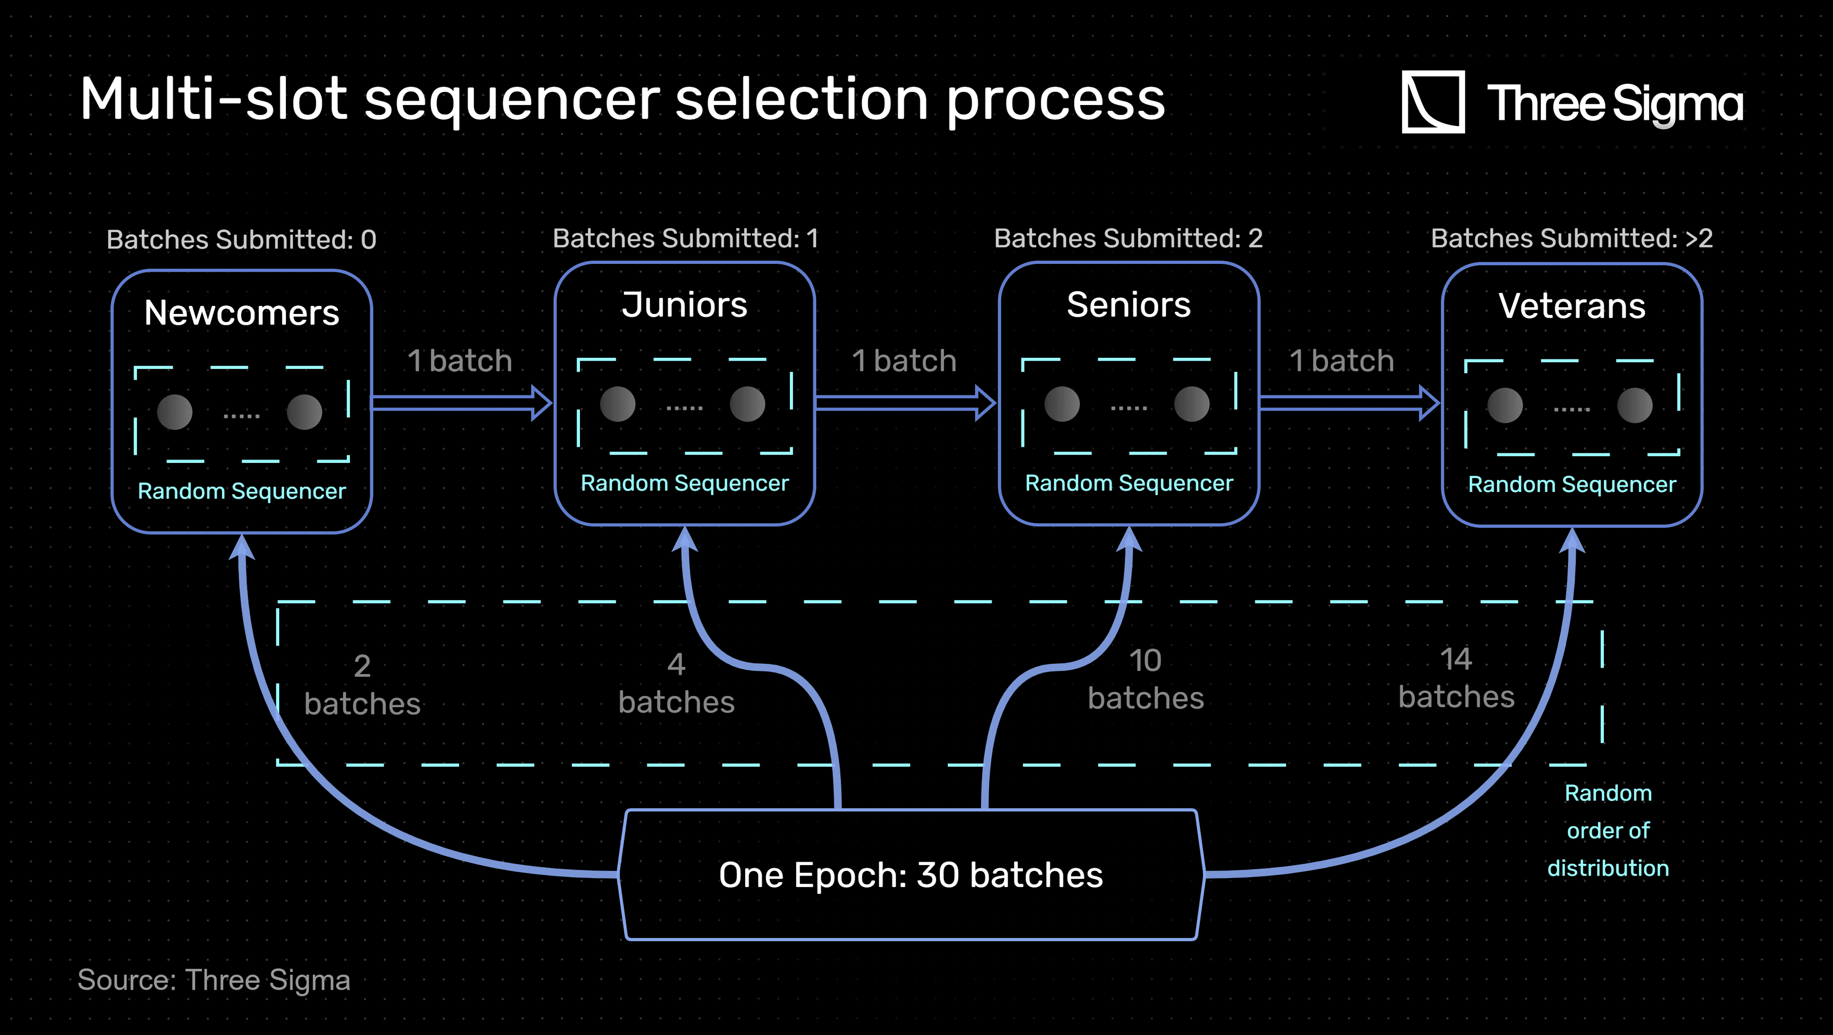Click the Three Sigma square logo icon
tap(1433, 102)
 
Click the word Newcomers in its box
tap(242, 313)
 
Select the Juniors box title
tap(685, 305)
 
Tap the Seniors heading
tap(1128, 305)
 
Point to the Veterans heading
tap(1572, 307)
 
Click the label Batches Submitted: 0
tap(241, 240)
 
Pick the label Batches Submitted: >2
tap(1572, 238)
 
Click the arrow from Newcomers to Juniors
tap(462, 403)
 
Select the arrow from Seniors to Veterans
tap(1349, 403)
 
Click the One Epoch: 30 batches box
tap(911, 875)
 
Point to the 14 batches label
tap(1456, 678)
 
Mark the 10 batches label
tap(1146, 680)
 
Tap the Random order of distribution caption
tap(1608, 830)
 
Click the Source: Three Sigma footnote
tap(213, 980)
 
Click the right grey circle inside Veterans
tap(1634, 406)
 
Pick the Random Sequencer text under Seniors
tap(1128, 484)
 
